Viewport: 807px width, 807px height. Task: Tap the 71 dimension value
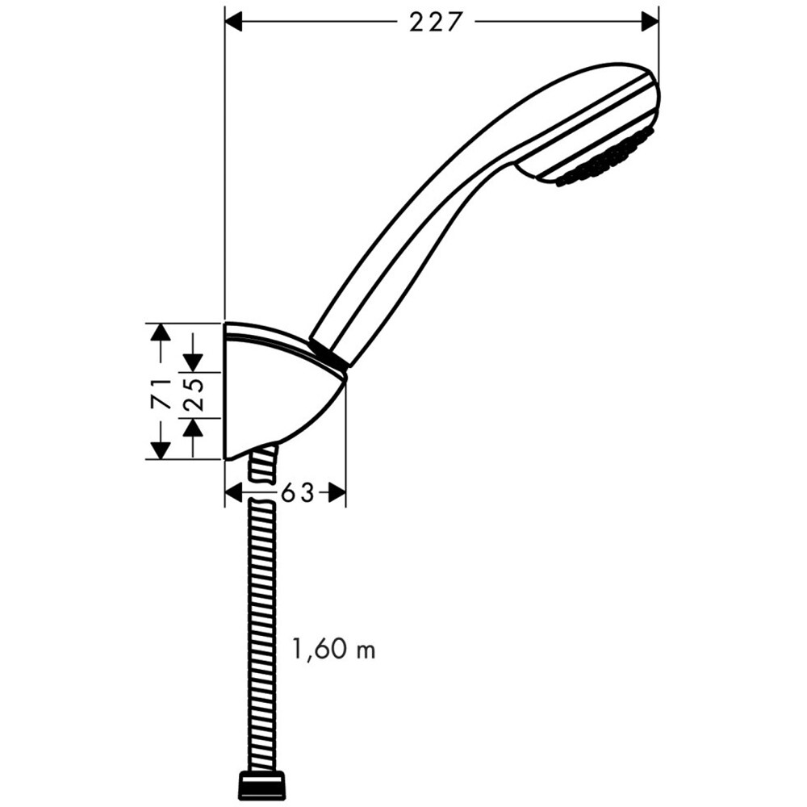[161, 391]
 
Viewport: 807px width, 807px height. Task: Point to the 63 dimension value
[296, 492]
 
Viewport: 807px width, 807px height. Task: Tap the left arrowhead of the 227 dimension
[234, 22]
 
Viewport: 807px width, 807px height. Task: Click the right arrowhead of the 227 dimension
[650, 22]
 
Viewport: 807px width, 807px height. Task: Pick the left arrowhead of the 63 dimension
[234, 492]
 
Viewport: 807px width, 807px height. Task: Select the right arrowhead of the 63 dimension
[337, 492]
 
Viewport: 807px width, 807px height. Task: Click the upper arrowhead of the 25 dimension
[194, 363]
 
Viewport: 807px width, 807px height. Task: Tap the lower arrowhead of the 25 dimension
[194, 426]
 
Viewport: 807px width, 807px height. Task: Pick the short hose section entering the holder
[263, 463]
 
